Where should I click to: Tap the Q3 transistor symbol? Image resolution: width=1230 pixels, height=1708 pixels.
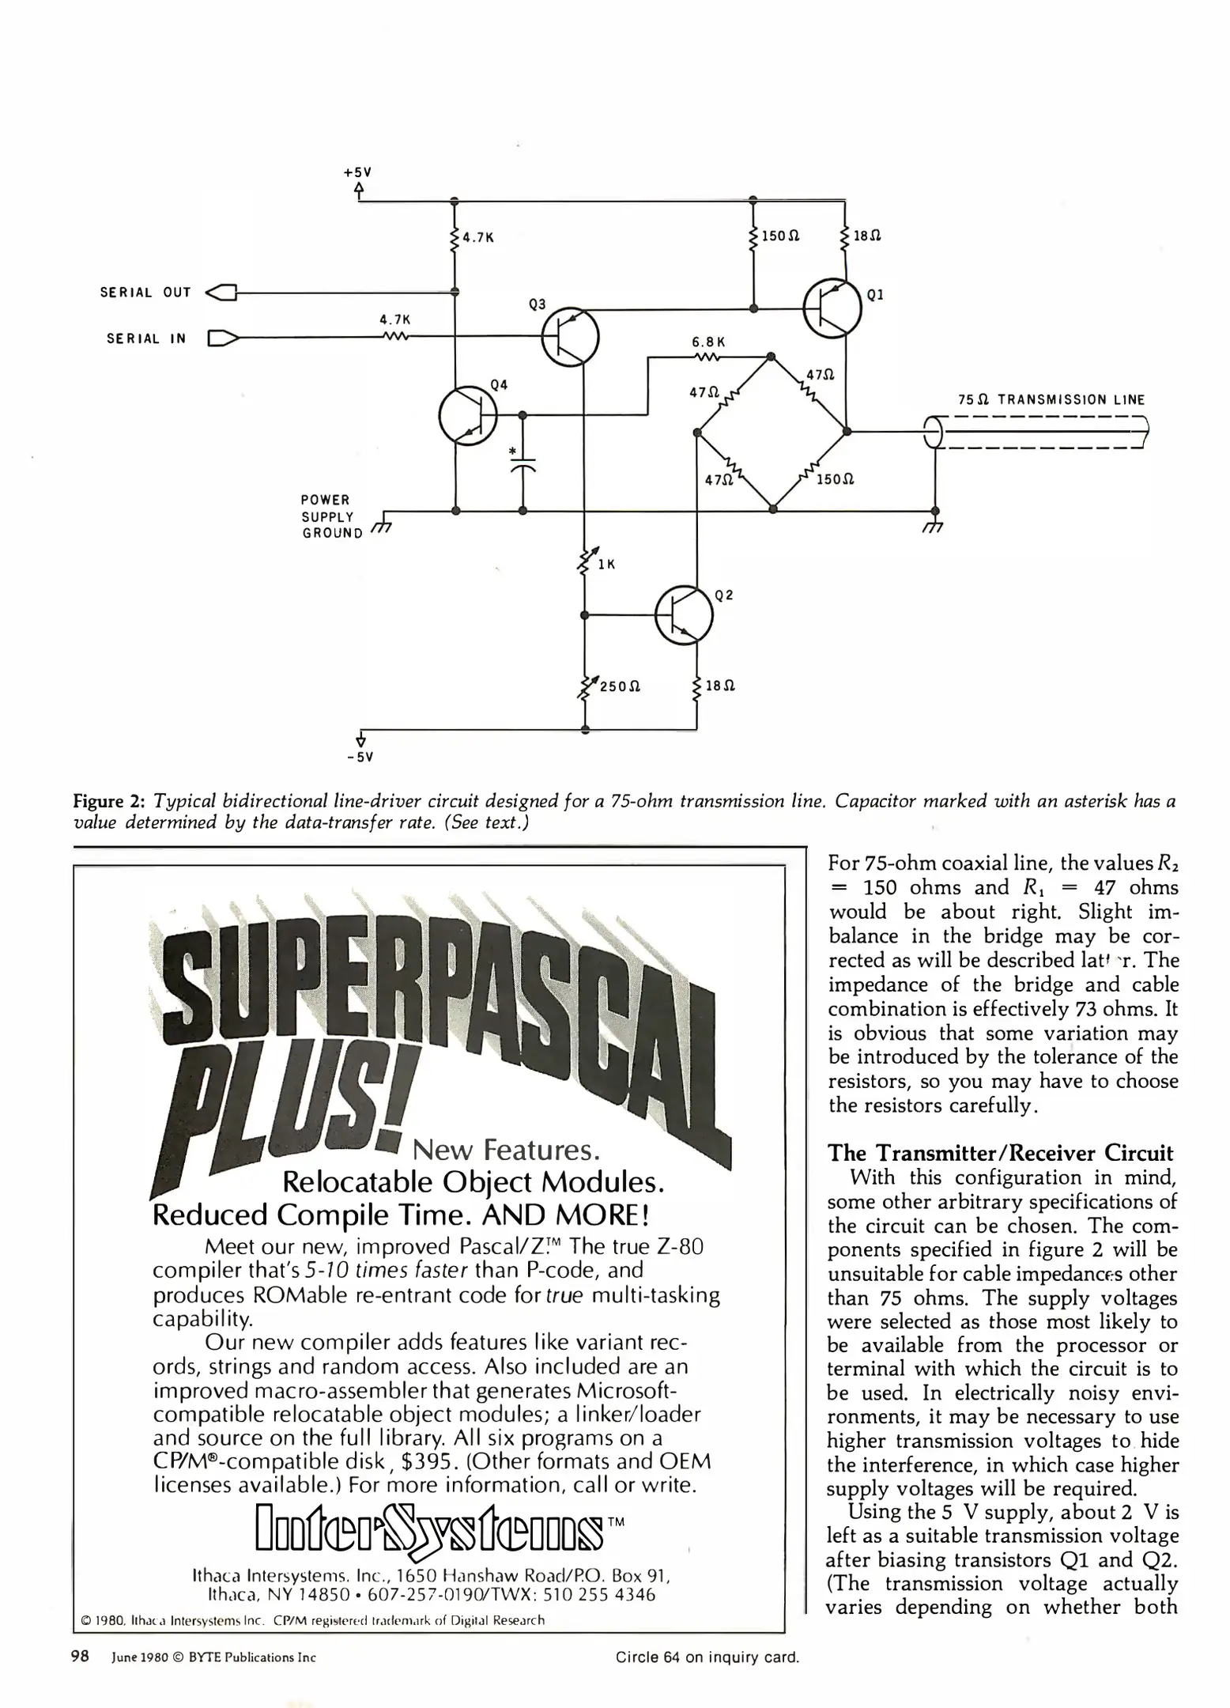570,336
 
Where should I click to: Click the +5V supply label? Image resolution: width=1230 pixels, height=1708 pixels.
358,172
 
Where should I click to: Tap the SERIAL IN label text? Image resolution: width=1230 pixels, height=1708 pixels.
147,339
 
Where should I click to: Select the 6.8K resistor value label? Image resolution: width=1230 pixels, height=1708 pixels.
708,342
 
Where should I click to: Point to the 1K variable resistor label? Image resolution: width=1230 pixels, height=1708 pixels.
606,565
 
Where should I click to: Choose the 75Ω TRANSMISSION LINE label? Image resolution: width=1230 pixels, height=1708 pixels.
1051,400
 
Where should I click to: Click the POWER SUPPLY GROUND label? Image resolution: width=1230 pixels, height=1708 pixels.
331,516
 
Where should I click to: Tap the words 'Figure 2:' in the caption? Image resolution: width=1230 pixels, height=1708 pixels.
110,802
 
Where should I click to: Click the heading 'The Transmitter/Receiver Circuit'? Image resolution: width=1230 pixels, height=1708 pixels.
1000,1154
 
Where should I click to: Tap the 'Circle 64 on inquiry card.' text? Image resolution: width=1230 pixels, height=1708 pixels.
707,1657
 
